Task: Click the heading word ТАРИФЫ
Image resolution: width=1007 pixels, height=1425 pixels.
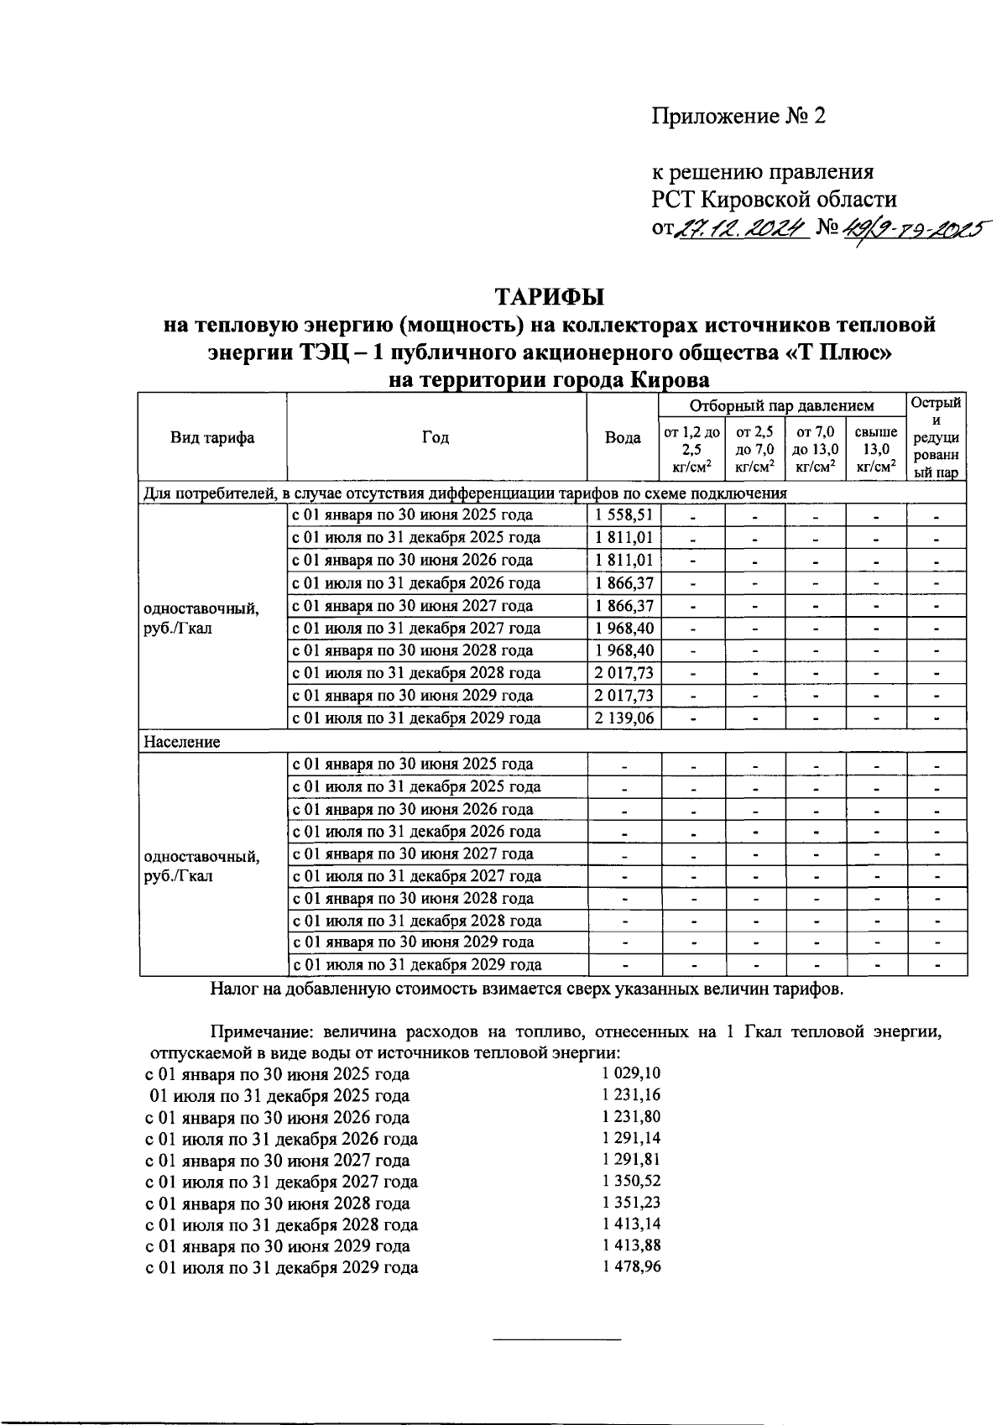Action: tap(549, 298)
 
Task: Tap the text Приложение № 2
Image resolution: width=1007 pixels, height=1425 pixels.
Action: tap(739, 116)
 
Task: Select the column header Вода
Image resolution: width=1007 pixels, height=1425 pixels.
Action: tap(623, 438)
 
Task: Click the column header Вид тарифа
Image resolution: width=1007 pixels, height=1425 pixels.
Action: tap(212, 438)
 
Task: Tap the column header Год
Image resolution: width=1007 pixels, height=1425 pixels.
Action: tap(436, 438)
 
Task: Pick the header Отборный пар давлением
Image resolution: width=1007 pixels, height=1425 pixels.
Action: tap(781, 406)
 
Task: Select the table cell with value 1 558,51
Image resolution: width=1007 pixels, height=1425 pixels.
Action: tap(624, 515)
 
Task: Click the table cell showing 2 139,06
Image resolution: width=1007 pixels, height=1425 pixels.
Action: tap(624, 718)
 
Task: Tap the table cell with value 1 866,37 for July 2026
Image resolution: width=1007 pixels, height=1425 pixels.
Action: tap(624, 583)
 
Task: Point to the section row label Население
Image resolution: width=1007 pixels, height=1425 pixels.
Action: tap(182, 743)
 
